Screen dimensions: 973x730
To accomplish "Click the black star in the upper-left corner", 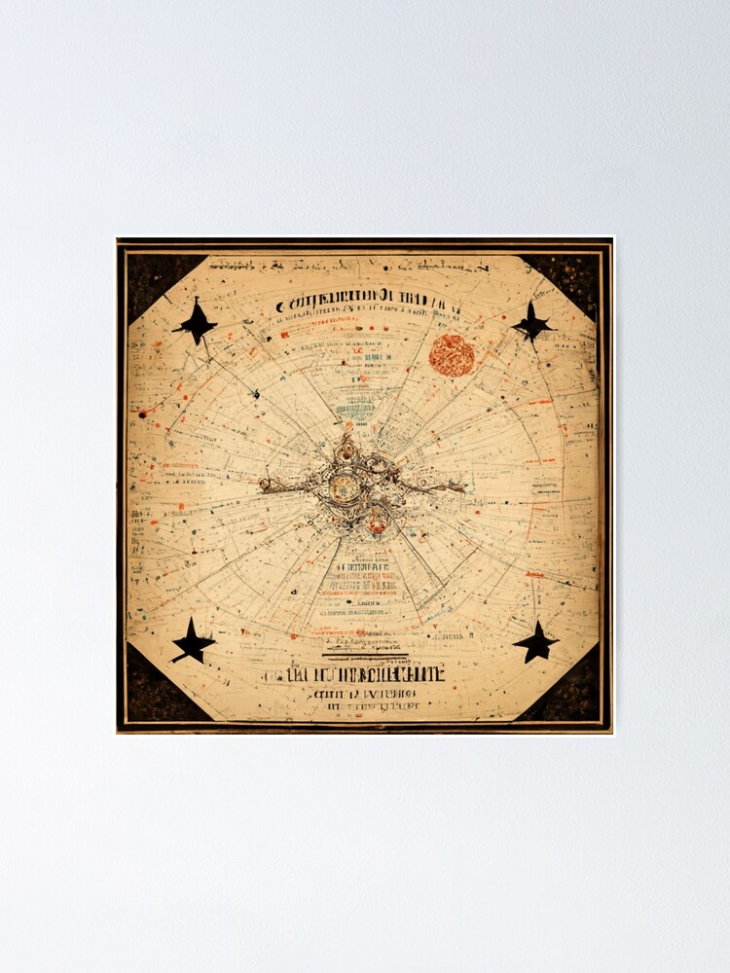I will pyautogui.click(x=196, y=323).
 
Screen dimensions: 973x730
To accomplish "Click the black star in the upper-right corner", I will pyautogui.click(x=532, y=322).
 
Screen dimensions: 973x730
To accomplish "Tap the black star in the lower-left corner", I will pyautogui.click(x=193, y=642).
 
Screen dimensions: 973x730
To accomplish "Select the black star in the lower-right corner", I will pyautogui.click(x=535, y=642).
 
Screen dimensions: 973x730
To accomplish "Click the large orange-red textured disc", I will pyautogui.click(x=452, y=355).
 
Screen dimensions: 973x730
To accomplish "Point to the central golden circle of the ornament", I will pyautogui.click(x=346, y=486).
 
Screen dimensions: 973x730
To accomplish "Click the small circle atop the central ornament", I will pyautogui.click(x=346, y=450).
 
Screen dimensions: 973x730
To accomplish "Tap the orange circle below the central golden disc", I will pyautogui.click(x=376, y=524).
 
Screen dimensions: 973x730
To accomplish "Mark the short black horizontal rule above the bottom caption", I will pyautogui.click(x=362, y=656).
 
